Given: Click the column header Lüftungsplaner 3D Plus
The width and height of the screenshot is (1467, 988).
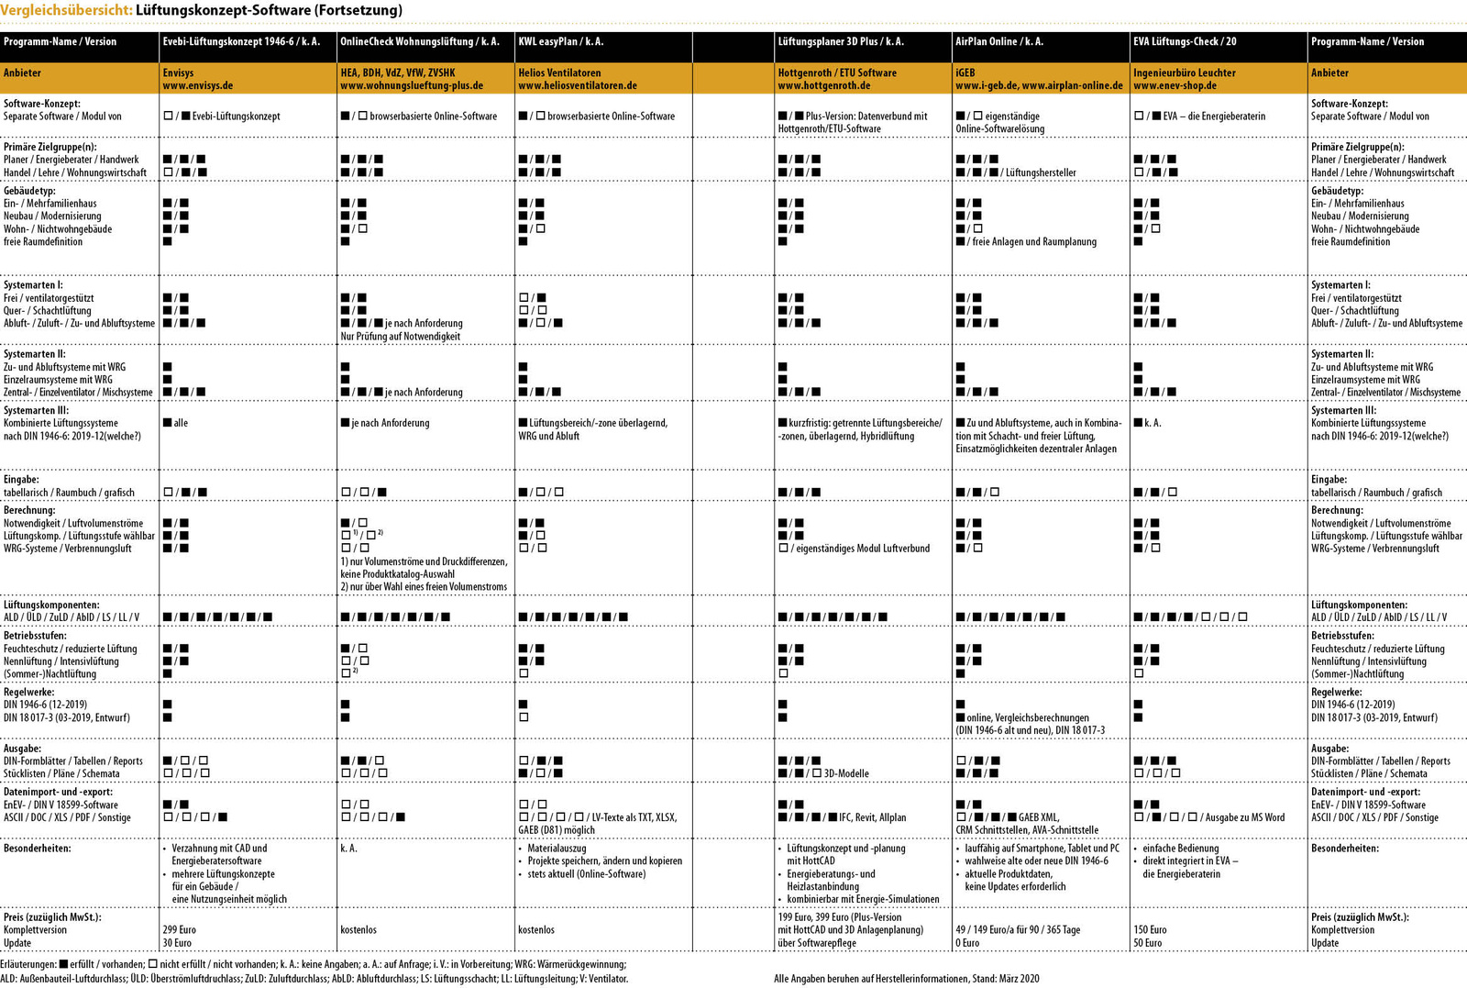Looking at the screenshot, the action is (x=840, y=41).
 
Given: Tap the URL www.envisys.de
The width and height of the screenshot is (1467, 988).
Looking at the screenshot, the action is (x=197, y=85).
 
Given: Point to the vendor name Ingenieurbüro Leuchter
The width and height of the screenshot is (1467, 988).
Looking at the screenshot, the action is (x=1184, y=72).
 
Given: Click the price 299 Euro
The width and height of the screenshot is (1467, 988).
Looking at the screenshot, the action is (x=179, y=929).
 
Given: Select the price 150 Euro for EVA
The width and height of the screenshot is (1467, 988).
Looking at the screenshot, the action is (x=1150, y=929).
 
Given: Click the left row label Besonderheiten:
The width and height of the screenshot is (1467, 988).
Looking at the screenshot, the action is (x=37, y=849).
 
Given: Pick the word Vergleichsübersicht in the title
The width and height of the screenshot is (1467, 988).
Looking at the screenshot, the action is (x=66, y=10).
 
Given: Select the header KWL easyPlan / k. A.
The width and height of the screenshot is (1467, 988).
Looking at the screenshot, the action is (x=560, y=41).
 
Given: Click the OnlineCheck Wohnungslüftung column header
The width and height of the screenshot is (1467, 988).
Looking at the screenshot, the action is (x=419, y=41).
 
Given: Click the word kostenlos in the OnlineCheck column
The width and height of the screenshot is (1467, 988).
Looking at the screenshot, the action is (x=358, y=929).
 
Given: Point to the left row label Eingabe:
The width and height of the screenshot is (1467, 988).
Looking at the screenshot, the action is (x=21, y=480).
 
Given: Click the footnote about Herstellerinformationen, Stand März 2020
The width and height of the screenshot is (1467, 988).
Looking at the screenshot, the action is (x=906, y=979).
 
